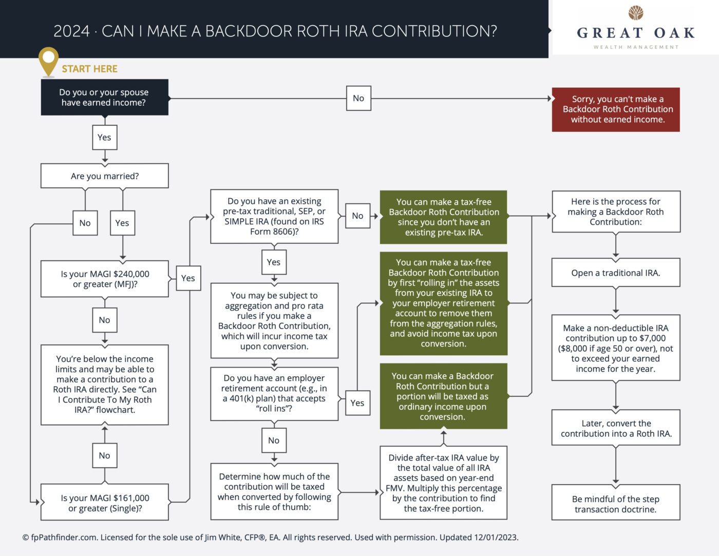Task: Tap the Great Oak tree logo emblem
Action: (636, 13)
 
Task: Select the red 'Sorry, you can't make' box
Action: (616, 109)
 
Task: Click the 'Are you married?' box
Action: (105, 176)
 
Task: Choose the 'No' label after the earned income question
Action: (358, 98)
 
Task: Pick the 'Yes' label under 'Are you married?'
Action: (122, 223)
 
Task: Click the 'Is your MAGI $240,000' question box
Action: (105, 279)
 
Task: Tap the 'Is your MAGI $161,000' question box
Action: (105, 503)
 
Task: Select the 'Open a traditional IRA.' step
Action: (616, 273)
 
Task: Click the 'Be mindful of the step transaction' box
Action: (616, 504)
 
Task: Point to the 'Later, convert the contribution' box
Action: (616, 428)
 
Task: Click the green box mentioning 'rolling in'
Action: (444, 303)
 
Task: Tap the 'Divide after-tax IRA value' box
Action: (444, 483)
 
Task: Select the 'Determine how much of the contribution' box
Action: (274, 491)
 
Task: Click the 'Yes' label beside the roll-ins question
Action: (357, 403)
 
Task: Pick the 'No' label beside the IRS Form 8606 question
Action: (357, 216)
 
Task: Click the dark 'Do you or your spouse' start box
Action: (105, 97)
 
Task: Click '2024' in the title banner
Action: (71, 31)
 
